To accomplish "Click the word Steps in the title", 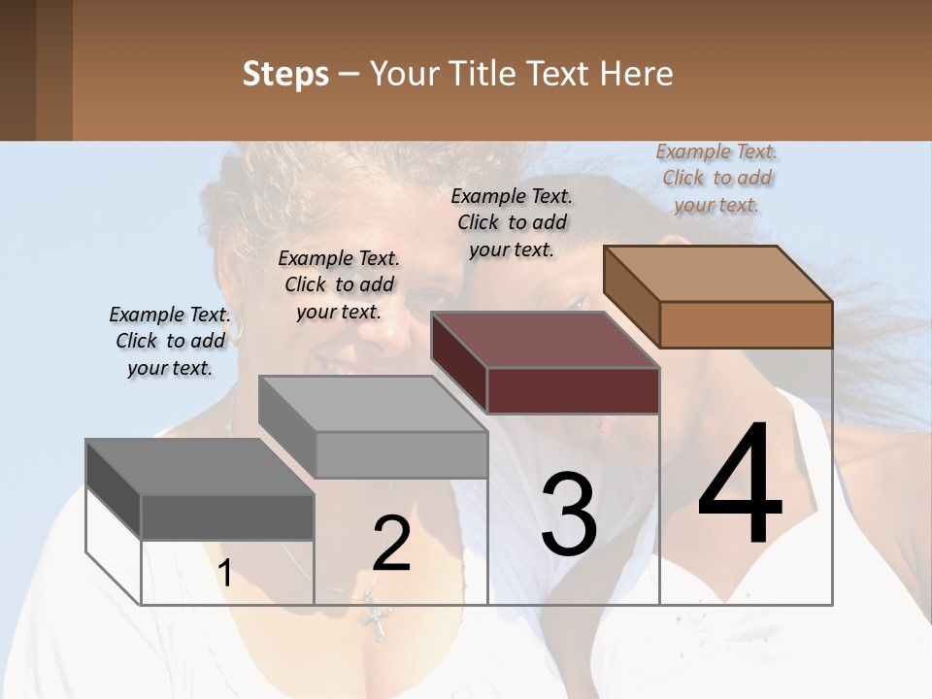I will (285, 74).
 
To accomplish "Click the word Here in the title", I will (636, 74).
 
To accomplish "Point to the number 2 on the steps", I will (391, 544).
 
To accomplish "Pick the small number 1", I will (224, 574).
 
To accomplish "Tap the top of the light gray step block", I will (373, 404).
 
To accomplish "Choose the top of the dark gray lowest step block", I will (200, 467).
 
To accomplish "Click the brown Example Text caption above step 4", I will (717, 178).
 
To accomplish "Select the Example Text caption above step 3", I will (512, 222).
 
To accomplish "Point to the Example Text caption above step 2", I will (339, 284).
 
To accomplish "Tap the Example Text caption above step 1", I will (170, 341).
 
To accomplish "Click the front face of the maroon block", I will (573, 390).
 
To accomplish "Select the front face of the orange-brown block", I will (746, 324).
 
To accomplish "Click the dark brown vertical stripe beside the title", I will (18, 70).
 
